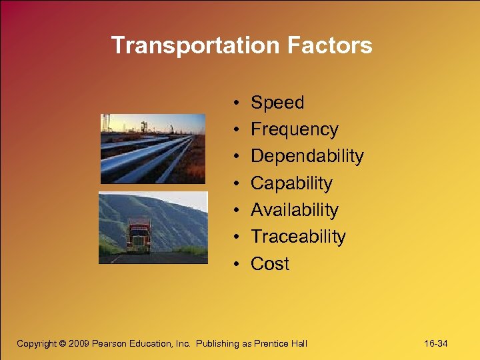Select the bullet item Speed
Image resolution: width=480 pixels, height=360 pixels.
click(x=277, y=103)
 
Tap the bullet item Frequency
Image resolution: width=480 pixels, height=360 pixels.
click(x=294, y=129)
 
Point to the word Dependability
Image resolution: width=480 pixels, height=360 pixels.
click(x=307, y=156)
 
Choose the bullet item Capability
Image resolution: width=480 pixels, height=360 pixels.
click(x=291, y=183)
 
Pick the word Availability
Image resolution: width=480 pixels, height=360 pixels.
click(x=294, y=210)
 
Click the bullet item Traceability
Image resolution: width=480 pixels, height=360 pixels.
click(x=298, y=237)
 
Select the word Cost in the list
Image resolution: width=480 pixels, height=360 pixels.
click(x=270, y=264)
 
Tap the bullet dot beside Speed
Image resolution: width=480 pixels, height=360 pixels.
click(x=237, y=103)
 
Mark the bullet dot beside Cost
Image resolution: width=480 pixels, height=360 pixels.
click(x=237, y=265)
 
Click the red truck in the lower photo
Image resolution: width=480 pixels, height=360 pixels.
click(x=139, y=236)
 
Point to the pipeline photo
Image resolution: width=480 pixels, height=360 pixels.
click(x=153, y=148)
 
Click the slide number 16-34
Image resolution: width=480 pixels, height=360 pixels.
click(x=436, y=344)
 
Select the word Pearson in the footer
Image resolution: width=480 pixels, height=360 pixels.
click(x=112, y=344)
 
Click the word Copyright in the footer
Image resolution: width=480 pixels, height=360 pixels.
click(x=36, y=344)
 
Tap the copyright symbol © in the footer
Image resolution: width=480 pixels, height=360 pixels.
click(x=63, y=344)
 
